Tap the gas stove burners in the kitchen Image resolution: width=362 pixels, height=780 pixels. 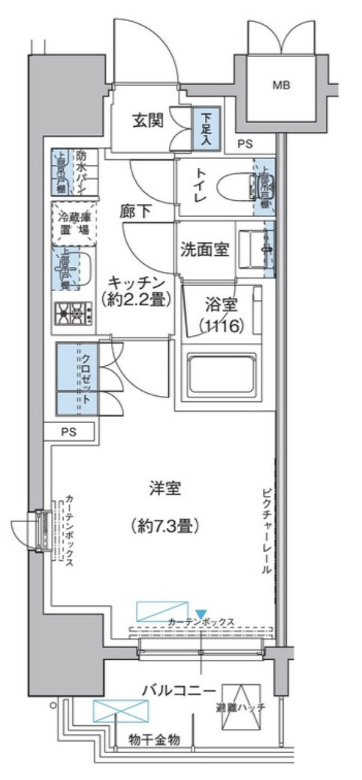pos(72,313)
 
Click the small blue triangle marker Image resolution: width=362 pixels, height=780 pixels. pos(201,613)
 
